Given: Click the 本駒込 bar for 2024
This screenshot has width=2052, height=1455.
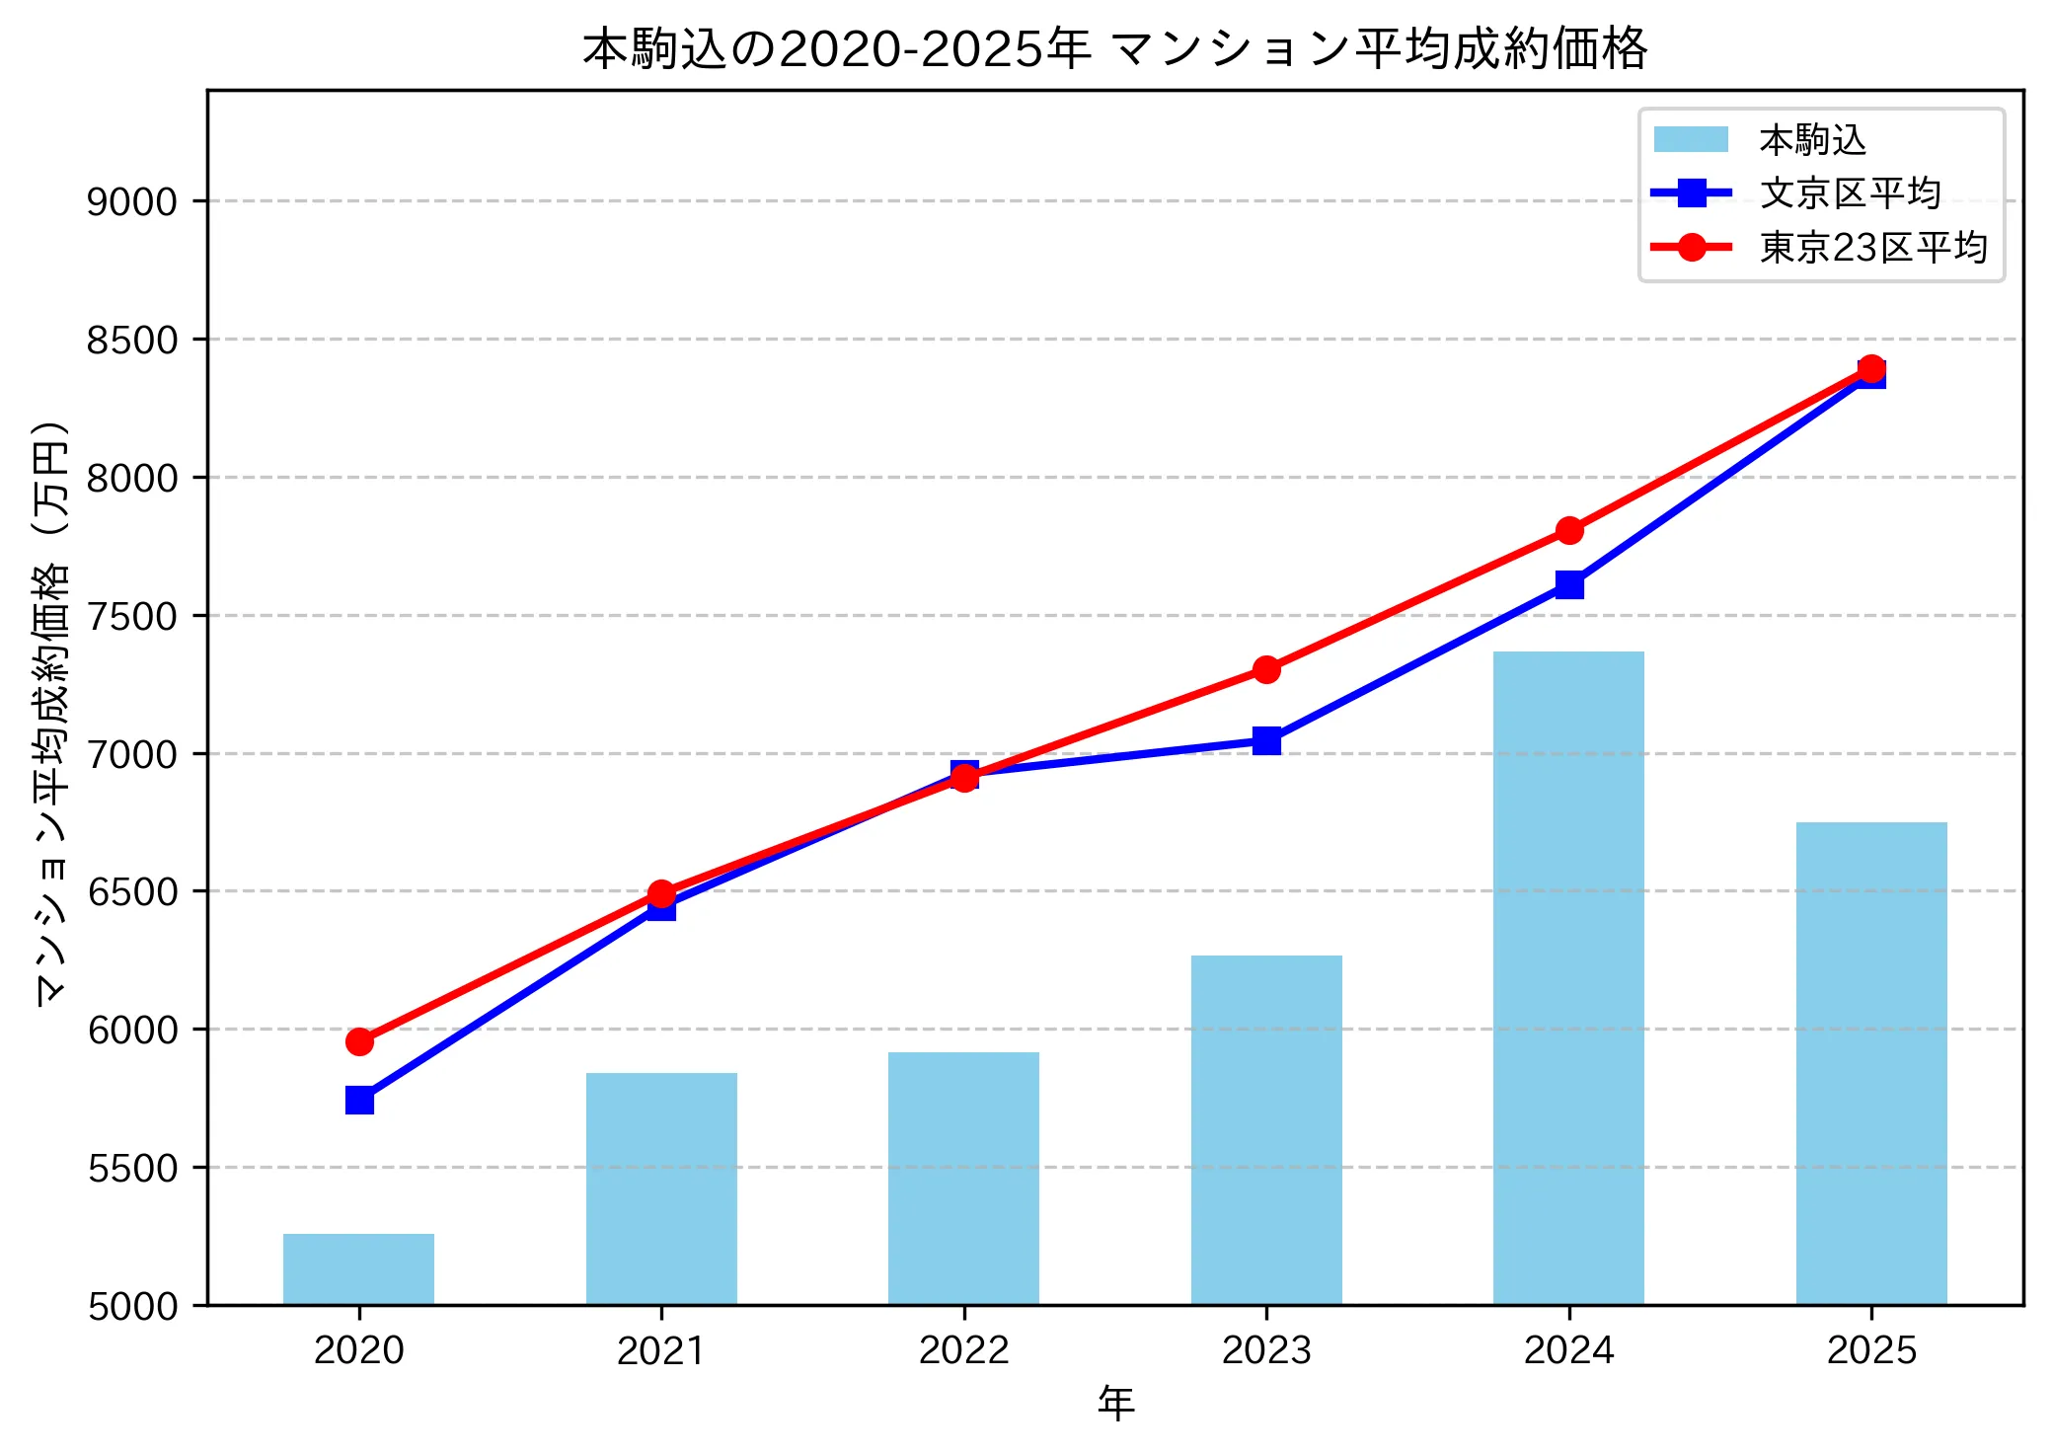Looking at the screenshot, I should click(x=1567, y=977).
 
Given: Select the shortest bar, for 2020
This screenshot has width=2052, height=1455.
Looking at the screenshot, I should click(x=358, y=1268).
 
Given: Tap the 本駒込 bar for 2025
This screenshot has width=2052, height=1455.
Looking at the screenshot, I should click(x=1870, y=1063).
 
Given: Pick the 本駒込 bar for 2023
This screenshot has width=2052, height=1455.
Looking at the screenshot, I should click(x=1265, y=1129).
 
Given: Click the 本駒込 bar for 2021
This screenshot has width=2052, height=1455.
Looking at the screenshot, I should click(x=661, y=1187).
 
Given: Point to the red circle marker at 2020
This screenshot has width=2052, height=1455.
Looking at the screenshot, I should click(x=359, y=1041).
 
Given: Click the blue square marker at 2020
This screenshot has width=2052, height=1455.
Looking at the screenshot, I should click(x=359, y=1100).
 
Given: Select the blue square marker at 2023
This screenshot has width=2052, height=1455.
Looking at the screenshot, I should click(x=1266, y=740).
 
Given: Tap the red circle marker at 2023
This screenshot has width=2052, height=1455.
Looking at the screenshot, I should click(x=1266, y=669).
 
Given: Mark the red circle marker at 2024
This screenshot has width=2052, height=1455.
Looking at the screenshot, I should click(x=1568, y=531).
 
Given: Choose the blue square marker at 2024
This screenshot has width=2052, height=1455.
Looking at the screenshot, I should click(x=1568, y=585).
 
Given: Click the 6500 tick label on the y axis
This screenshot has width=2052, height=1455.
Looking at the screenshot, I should click(x=132, y=891).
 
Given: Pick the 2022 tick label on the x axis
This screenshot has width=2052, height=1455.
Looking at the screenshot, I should click(x=963, y=1350).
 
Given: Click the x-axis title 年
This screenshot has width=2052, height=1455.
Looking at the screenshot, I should click(x=1115, y=1403).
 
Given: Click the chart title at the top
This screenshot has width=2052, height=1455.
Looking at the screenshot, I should click(x=1114, y=48).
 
